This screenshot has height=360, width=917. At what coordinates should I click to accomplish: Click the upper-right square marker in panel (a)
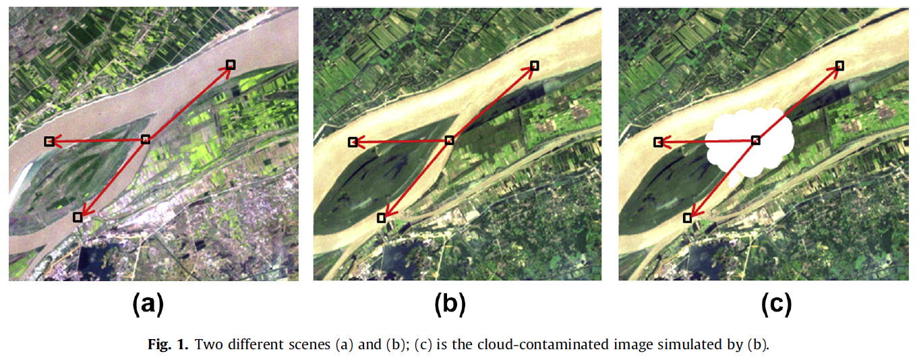pyautogui.click(x=231, y=65)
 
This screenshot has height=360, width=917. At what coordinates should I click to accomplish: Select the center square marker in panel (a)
pyautogui.click(x=145, y=140)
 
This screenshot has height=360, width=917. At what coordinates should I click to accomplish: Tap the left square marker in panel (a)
pyautogui.click(x=49, y=142)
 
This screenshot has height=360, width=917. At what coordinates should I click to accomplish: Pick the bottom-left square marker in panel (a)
pyautogui.click(x=78, y=216)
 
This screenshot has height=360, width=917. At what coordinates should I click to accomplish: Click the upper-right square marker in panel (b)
pyautogui.click(x=535, y=65)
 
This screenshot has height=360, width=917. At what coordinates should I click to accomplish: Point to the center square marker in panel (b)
pyautogui.click(x=450, y=140)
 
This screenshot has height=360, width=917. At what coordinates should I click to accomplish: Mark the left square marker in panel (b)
pyautogui.click(x=353, y=142)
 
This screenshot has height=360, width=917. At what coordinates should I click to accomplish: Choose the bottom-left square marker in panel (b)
pyautogui.click(x=382, y=217)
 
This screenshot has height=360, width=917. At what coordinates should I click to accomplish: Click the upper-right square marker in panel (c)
pyautogui.click(x=839, y=65)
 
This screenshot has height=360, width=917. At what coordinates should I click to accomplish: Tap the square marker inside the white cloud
pyautogui.click(x=756, y=140)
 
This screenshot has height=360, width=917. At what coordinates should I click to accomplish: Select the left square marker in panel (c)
pyautogui.click(x=658, y=142)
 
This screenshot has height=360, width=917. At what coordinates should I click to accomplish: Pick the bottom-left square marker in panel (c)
pyautogui.click(x=687, y=218)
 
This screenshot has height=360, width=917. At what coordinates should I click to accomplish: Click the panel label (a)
pyautogui.click(x=148, y=305)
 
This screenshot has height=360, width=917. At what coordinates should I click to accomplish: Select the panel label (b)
pyautogui.click(x=450, y=305)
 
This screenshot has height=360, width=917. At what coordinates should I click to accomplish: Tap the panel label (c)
pyautogui.click(x=776, y=305)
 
